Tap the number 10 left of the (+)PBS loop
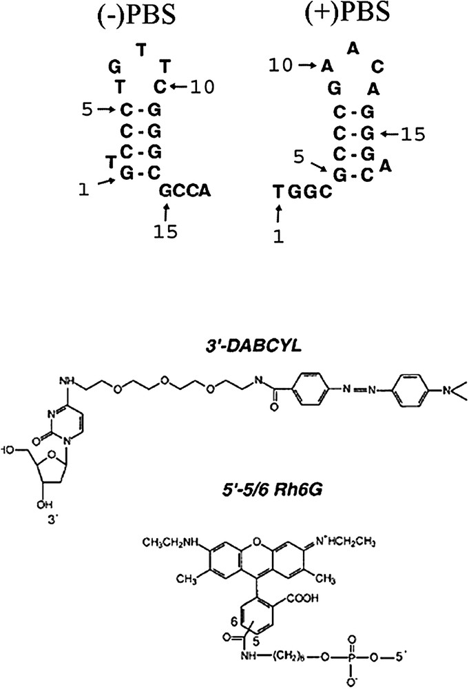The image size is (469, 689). pos(281,66)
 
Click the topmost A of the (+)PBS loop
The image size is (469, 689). pos(353,48)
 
